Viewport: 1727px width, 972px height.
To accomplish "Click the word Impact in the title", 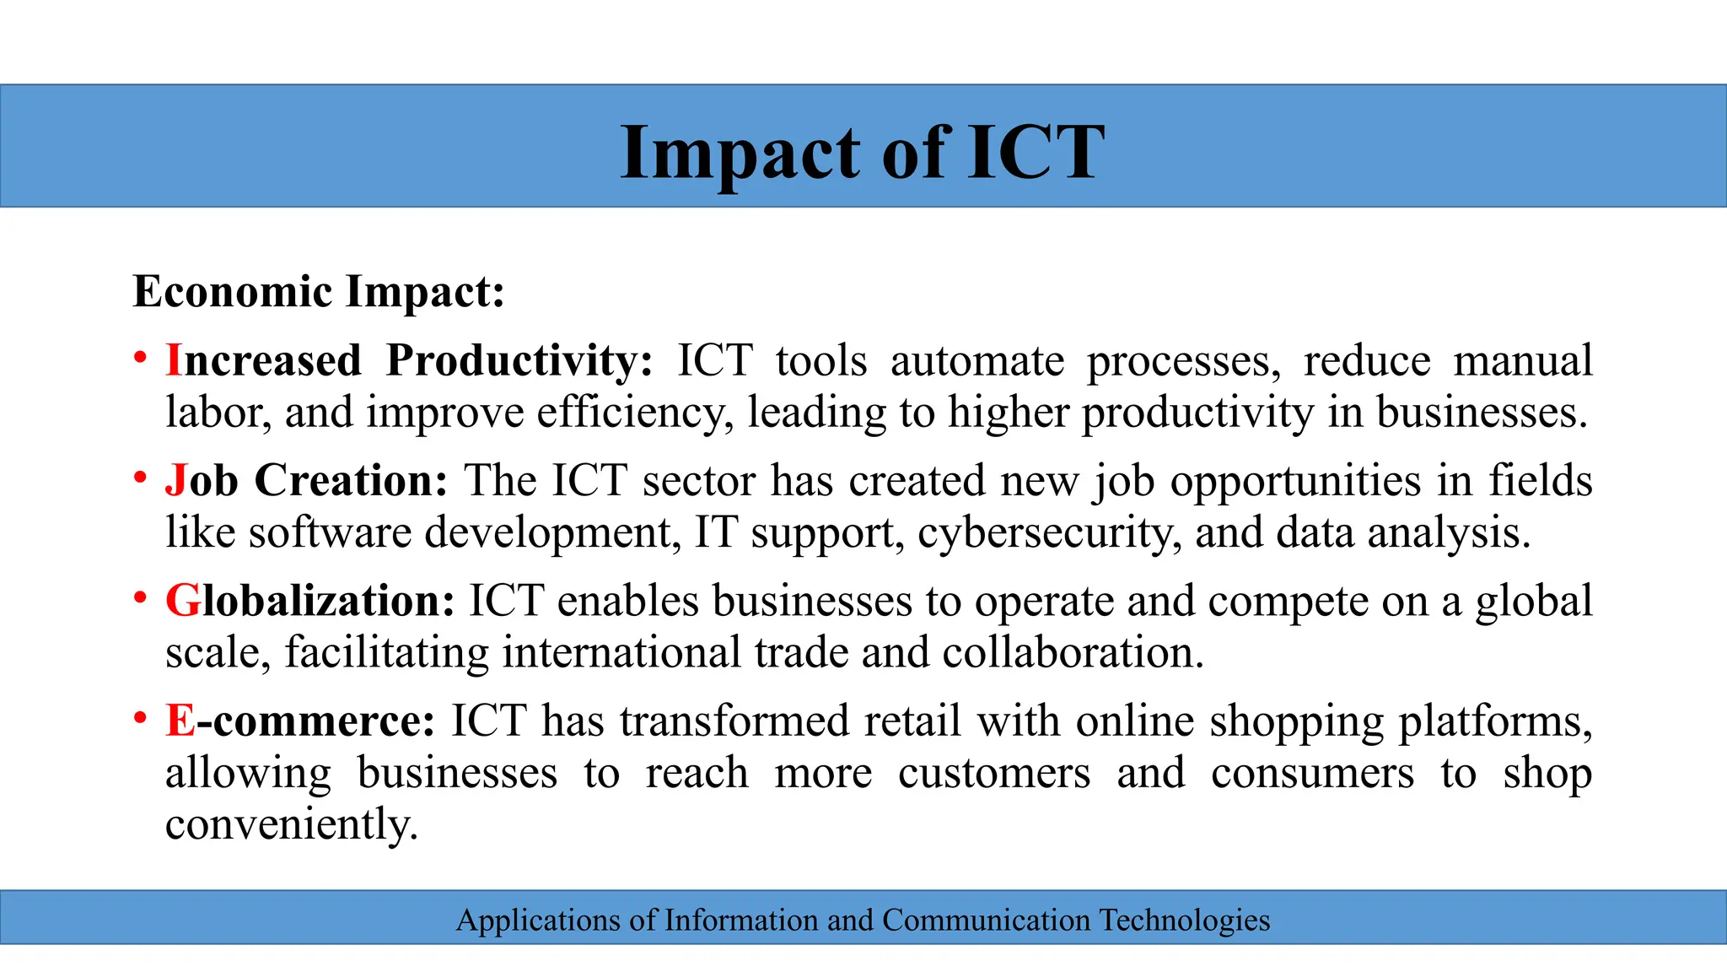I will (743, 153).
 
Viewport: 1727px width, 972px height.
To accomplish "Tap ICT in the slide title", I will (1035, 153).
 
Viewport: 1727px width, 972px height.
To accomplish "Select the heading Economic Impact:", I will (319, 292).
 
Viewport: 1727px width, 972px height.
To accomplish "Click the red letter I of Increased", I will (174, 361).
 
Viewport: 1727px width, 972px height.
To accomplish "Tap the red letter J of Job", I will (175, 481).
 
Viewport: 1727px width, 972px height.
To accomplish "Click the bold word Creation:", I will (351, 481).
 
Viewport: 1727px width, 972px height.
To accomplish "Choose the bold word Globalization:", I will (310, 601).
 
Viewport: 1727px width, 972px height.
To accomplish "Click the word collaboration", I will (1073, 653).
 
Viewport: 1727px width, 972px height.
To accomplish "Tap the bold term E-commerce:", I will (300, 721).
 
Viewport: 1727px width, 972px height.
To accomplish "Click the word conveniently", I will (292, 825).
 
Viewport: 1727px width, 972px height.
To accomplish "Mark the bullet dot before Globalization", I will (141, 598).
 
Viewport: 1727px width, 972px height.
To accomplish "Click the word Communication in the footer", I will (986, 920).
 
